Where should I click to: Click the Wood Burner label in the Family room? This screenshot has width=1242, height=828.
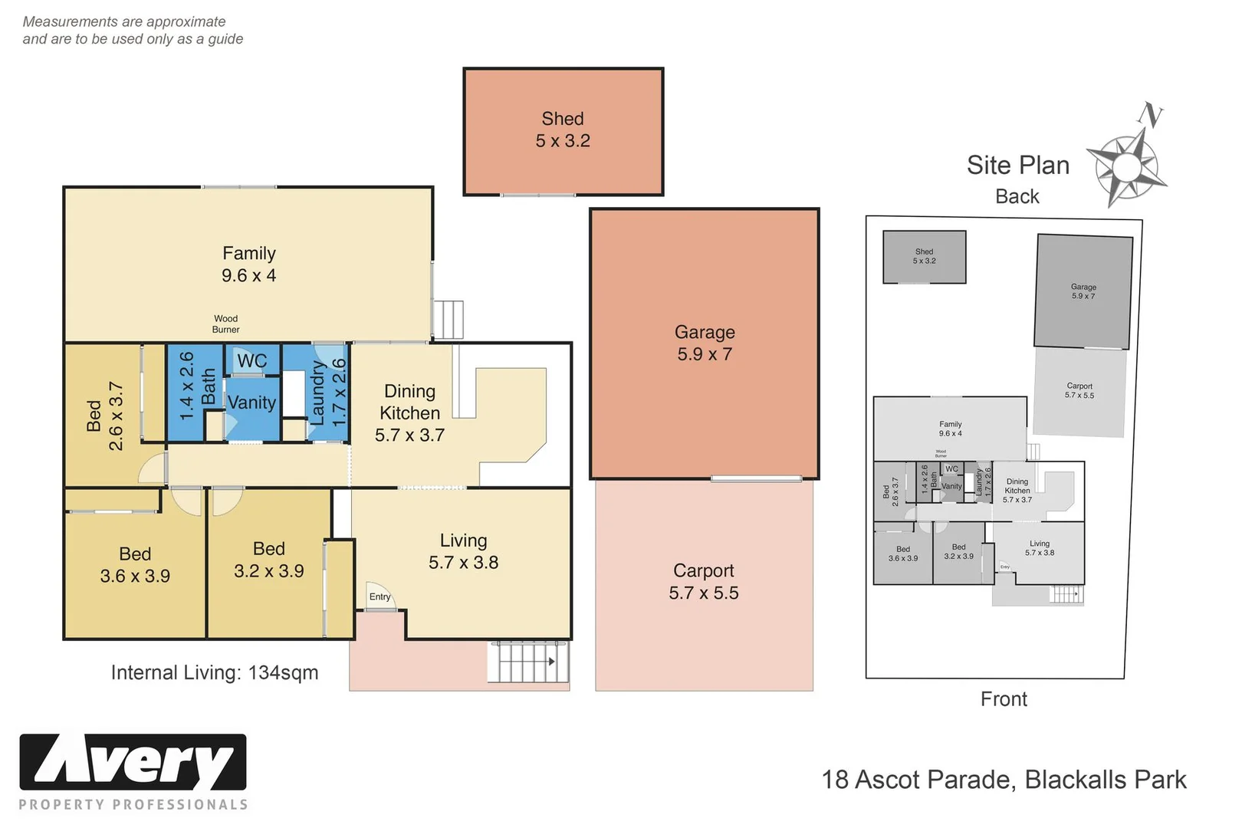(x=225, y=324)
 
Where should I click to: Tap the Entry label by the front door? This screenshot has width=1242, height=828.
(x=379, y=596)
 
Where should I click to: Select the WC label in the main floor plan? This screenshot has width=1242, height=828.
(x=251, y=360)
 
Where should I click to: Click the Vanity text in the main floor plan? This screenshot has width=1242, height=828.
(x=251, y=402)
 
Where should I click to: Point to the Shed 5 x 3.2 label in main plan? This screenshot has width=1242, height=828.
(x=563, y=130)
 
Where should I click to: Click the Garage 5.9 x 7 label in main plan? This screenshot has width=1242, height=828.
(x=705, y=343)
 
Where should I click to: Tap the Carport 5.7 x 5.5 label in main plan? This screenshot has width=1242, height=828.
(x=703, y=582)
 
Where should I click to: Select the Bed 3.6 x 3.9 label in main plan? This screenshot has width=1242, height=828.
(x=135, y=565)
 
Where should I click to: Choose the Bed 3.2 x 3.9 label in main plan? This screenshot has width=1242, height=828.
(x=268, y=560)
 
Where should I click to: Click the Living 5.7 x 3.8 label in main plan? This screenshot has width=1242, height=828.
(x=463, y=551)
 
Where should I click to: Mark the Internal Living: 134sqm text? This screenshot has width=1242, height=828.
(x=214, y=672)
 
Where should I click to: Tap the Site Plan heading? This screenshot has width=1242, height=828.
(x=1017, y=166)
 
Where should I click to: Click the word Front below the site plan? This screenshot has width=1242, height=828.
(x=1004, y=699)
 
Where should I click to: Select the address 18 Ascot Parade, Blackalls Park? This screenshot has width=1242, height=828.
(x=1004, y=780)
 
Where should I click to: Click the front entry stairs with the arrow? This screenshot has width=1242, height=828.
(x=528, y=662)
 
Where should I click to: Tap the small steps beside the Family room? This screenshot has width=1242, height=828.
(x=449, y=319)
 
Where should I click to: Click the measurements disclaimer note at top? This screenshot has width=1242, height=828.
(x=133, y=31)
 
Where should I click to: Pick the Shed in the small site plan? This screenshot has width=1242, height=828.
(x=924, y=257)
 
